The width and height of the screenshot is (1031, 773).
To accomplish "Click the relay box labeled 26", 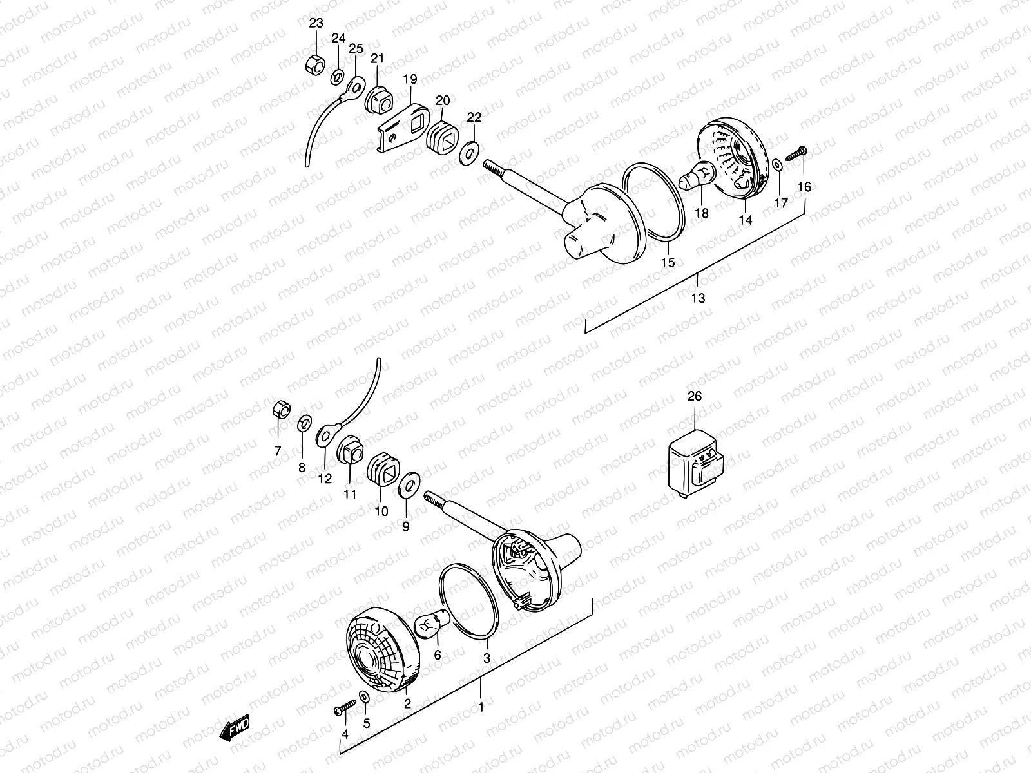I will coord(695,461).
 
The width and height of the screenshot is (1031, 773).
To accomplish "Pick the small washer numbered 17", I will coord(778,166).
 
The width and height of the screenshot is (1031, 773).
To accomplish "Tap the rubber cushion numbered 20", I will coord(446,138).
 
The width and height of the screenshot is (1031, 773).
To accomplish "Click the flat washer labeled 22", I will coord(470,154).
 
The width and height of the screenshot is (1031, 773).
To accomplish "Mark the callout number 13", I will coord(698,298).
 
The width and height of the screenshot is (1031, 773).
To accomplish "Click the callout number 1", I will coord(479,707).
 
